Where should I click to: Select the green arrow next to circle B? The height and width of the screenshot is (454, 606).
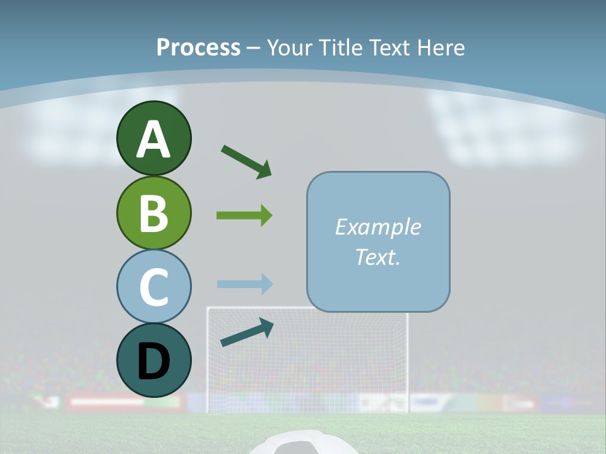(x=244, y=216)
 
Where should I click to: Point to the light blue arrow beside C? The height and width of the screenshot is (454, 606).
(x=244, y=284)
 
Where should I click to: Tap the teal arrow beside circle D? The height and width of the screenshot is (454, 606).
(x=247, y=332)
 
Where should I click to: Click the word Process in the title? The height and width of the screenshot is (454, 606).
(x=198, y=47)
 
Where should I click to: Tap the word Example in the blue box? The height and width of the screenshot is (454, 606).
(x=377, y=227)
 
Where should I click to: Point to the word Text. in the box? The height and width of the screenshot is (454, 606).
(x=377, y=257)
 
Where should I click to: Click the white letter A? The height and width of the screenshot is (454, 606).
(x=153, y=139)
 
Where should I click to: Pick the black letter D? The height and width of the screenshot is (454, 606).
(x=153, y=361)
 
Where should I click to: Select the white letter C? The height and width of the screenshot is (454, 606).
(x=153, y=286)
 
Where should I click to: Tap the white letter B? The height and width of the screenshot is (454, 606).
(x=153, y=213)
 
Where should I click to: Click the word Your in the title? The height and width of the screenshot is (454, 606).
(x=291, y=47)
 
